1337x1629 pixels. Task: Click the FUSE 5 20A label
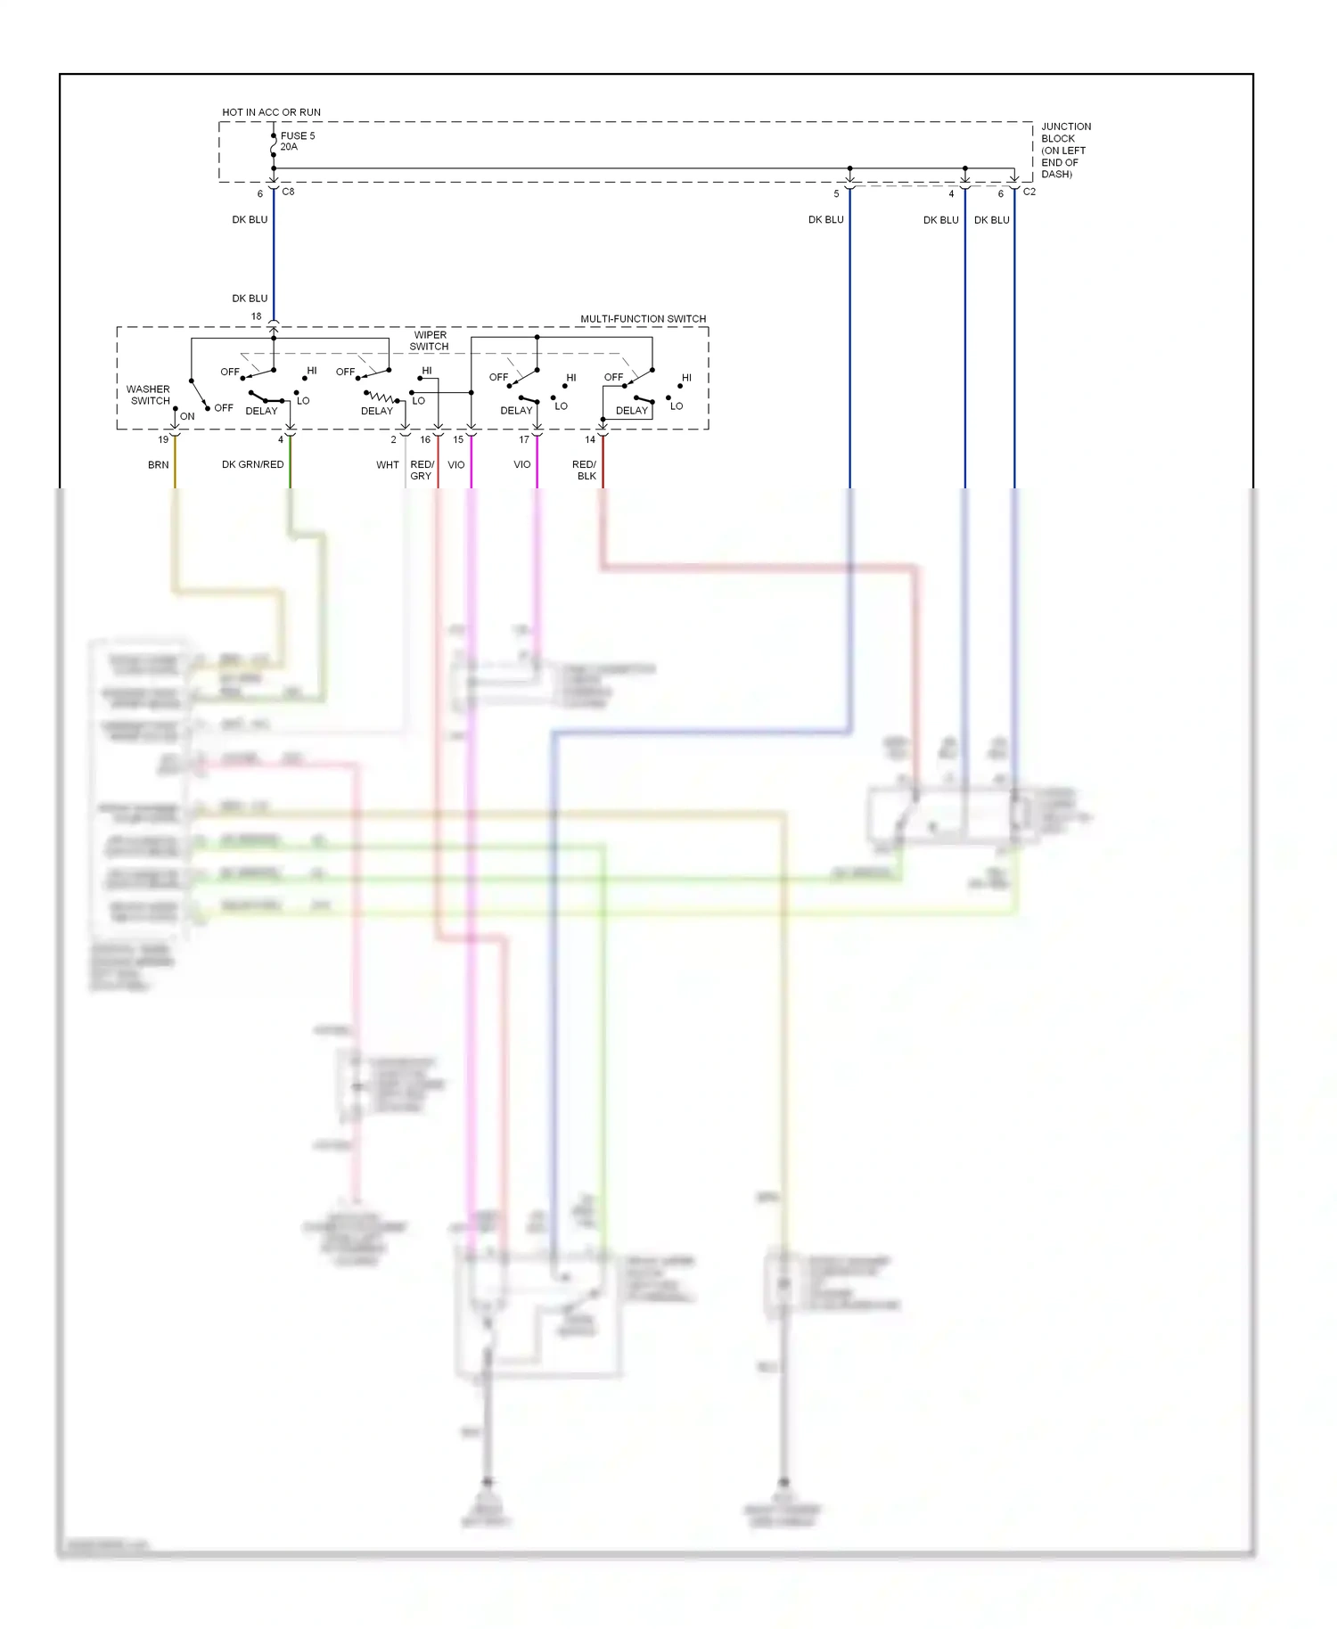tap(297, 141)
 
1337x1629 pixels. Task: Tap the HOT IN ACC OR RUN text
tap(271, 112)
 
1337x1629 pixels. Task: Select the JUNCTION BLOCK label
tap(1065, 150)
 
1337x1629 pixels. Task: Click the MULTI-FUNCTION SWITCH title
tap(643, 318)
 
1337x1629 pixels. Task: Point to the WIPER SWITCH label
tap(430, 340)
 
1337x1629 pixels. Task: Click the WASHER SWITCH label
tap(148, 395)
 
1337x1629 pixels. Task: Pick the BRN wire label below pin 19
tap(158, 464)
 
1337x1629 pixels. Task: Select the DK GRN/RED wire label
tap(252, 464)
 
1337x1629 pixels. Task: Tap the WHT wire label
tap(387, 464)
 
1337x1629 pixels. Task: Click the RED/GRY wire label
tap(422, 470)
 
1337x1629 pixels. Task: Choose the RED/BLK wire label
tap(585, 470)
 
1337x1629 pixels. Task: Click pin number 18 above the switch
tap(256, 316)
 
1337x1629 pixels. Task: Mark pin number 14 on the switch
tap(589, 439)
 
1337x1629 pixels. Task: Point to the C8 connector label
tap(288, 192)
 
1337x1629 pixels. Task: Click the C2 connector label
tap(1029, 192)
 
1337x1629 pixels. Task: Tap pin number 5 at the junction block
tap(836, 193)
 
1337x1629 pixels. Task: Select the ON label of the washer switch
tap(187, 416)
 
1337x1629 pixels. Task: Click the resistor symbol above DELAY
tap(381, 397)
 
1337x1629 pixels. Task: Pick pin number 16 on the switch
tap(425, 439)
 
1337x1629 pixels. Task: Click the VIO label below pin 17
tap(521, 464)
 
